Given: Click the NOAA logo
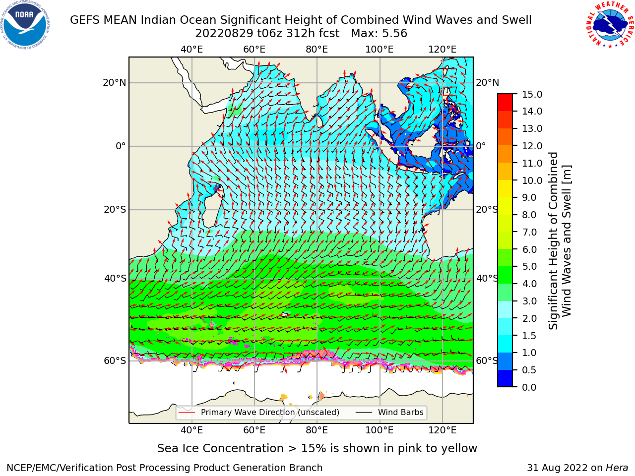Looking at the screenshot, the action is click(x=25, y=25).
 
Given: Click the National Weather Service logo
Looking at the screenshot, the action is click(x=609, y=25).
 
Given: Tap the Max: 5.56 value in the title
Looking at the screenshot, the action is click(x=379, y=34).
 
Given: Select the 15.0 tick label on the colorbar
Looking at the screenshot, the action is click(x=532, y=94).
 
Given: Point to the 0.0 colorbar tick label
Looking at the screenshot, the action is click(x=529, y=387).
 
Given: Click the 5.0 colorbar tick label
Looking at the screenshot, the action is click(x=529, y=266).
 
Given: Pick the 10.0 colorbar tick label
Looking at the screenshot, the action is click(x=532, y=180).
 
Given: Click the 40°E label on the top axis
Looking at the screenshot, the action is click(x=192, y=50).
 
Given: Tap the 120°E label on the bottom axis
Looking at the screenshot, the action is click(x=443, y=430).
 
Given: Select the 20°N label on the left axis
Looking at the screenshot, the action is click(x=115, y=83).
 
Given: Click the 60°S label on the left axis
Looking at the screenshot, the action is click(x=115, y=360).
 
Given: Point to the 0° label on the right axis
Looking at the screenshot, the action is click(x=481, y=146).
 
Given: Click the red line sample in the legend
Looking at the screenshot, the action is click(x=187, y=412).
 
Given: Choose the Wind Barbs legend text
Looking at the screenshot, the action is click(x=401, y=412).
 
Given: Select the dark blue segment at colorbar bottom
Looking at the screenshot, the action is click(x=505, y=378).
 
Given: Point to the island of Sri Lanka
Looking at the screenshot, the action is click(x=319, y=121).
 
